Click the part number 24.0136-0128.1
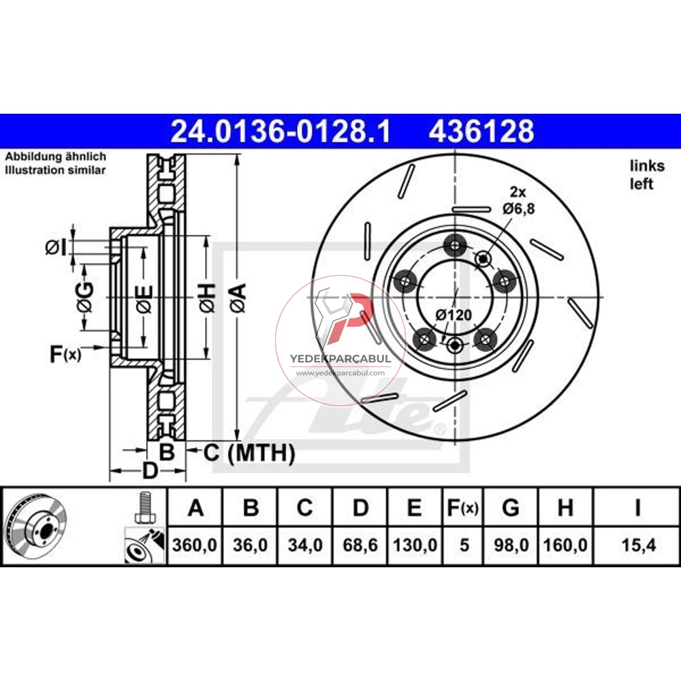click(281, 131)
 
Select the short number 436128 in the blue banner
click(481, 131)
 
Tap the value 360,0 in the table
click(195, 545)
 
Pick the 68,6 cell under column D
click(360, 545)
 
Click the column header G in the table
click(511, 507)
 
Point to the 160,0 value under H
click(567, 545)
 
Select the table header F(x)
click(464, 507)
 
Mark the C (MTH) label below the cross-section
click(249, 452)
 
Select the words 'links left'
click(641, 174)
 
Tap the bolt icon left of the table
click(144, 508)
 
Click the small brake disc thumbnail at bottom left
click(35, 526)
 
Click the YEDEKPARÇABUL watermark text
click(340, 358)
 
